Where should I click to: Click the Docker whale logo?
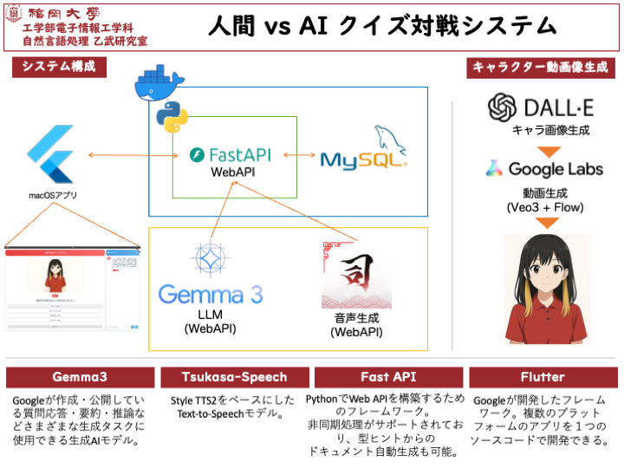[x=159, y=84]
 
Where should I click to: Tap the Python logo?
[x=172, y=117]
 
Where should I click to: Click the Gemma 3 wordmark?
[x=210, y=295]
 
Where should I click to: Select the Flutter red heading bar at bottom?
[x=543, y=377]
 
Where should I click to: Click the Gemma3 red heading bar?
[x=79, y=377]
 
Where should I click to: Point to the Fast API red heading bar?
[x=388, y=377]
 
